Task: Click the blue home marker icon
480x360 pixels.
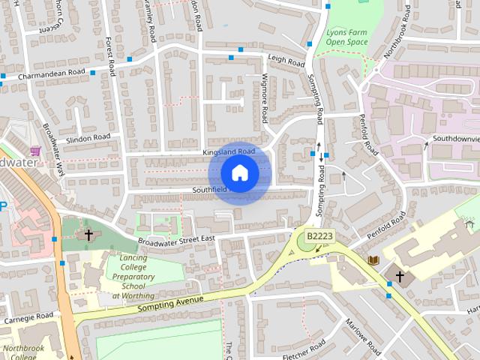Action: tap(239, 173)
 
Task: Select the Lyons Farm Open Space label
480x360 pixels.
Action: tap(347, 37)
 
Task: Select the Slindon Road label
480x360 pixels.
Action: tap(88, 138)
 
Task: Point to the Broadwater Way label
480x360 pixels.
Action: tap(54, 149)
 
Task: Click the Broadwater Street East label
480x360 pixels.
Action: tap(176, 239)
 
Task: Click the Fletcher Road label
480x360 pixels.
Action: tap(303, 349)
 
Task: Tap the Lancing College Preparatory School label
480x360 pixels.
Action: tap(133, 277)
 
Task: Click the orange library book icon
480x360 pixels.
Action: tap(373, 259)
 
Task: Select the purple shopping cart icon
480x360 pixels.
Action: tap(35, 151)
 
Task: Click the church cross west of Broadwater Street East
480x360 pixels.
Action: tap(88, 235)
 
